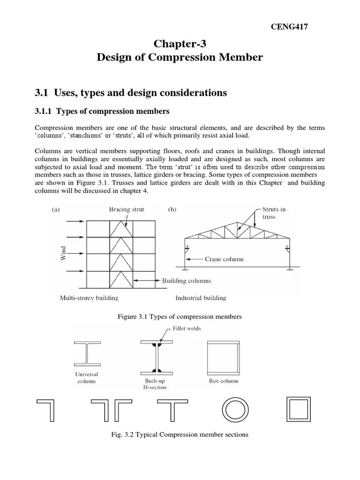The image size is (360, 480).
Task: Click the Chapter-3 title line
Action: coord(180,44)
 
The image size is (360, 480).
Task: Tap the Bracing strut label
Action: coord(127,210)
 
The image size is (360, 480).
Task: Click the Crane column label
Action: coord(224,258)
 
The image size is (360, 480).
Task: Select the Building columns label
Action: coord(187,281)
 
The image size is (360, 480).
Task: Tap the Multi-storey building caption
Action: coord(89,298)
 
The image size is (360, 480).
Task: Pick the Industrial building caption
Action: coord(201,298)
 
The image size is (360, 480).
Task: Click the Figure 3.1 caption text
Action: coord(180,317)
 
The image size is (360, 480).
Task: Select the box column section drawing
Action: coord(223,354)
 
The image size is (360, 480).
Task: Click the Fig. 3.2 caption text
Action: coord(180,435)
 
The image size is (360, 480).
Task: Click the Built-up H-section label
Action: coord(153,384)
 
